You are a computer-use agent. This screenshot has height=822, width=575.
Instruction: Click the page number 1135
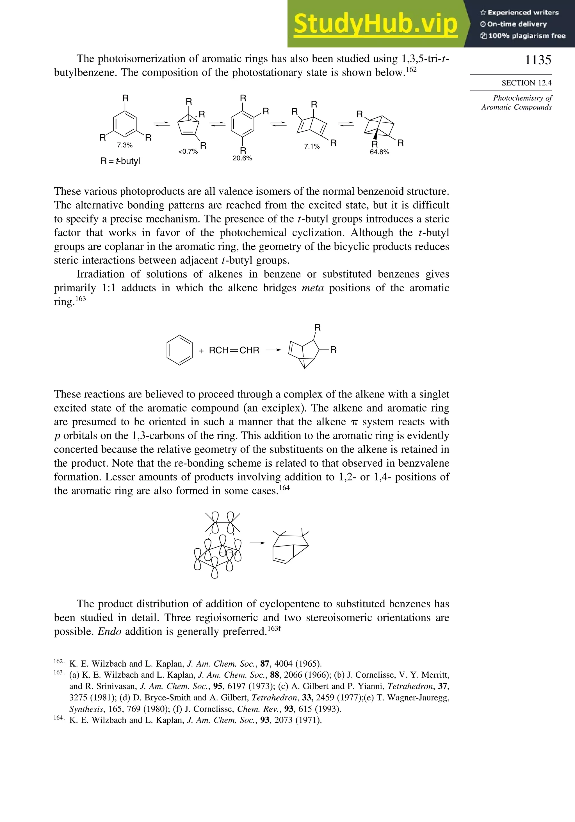coord(538,60)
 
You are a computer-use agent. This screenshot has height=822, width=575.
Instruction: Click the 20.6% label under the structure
coord(242,158)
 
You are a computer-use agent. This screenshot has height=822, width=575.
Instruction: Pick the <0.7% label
coord(188,151)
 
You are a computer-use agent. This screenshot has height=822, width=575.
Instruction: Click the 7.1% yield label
coord(312,146)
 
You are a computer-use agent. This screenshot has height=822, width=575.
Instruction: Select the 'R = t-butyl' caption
coord(120,161)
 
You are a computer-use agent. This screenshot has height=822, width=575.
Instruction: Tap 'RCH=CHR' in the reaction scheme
coord(234,350)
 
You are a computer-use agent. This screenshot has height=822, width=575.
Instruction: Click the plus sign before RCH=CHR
coord(201,351)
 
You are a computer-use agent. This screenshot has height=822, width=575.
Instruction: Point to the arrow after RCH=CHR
coord(273,350)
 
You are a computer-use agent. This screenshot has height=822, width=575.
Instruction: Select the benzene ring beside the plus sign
coord(180,350)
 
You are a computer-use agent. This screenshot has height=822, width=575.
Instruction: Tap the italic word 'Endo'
coord(109,631)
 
